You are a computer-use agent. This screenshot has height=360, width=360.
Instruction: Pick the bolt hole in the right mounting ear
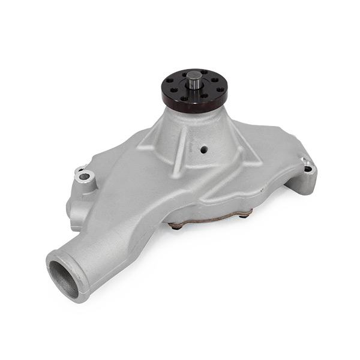tap(308, 169)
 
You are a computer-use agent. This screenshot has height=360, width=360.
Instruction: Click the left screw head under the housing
tap(175, 226)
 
